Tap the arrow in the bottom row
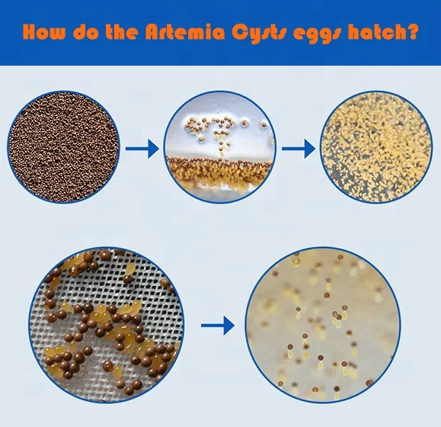[217, 326]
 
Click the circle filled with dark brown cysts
[64, 148]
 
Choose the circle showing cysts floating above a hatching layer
[219, 147]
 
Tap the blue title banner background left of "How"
[11, 33]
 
